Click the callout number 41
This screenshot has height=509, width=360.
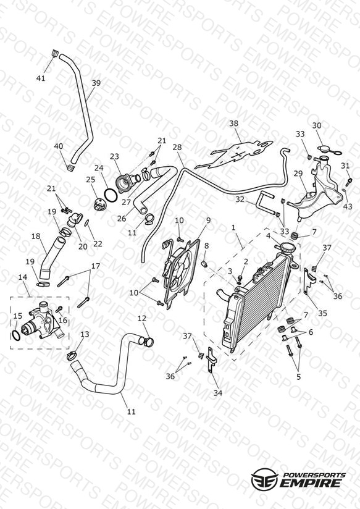coord(41,78)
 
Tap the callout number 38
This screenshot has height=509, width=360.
coord(234,124)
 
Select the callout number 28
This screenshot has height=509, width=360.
coord(177,148)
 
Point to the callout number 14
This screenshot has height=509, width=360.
coord(22,277)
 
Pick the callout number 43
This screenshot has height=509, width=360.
coord(347,206)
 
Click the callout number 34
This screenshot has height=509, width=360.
coord(218,393)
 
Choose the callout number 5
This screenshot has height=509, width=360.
coord(299,377)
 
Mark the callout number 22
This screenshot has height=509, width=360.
coord(98,244)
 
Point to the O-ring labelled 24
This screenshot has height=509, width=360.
coord(111,196)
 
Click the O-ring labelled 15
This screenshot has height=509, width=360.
coord(15,335)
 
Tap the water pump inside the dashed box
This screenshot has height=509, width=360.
coord(41,321)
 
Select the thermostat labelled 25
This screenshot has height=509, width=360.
coord(99,206)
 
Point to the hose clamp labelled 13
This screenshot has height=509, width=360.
coord(72,355)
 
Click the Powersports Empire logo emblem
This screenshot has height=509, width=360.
coord(265,479)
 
